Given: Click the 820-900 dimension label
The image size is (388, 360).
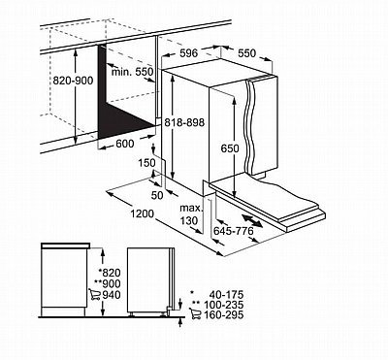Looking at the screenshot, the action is click(x=73, y=81).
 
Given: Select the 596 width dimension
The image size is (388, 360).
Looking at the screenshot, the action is click(x=188, y=53).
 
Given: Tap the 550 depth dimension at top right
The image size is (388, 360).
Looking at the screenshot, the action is click(x=246, y=53).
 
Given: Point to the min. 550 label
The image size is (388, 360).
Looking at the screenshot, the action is click(x=133, y=72).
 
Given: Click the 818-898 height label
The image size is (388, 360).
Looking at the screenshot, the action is click(x=184, y=122).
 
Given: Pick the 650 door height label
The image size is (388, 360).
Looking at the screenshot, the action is click(x=230, y=148).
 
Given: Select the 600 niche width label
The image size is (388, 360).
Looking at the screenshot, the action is click(x=124, y=144).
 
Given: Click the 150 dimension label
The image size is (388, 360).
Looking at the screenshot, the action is click(x=146, y=163).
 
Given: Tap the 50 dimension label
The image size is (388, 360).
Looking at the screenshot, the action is click(x=157, y=195).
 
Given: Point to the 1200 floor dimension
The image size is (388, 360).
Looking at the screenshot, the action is click(x=143, y=213).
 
